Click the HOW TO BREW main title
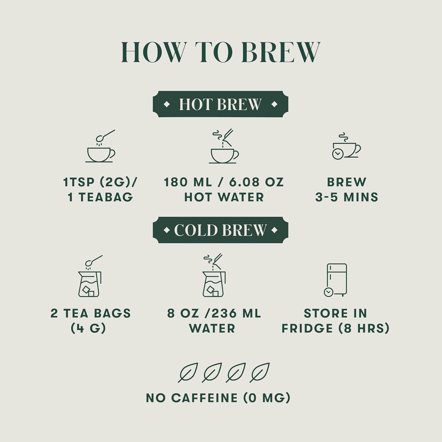(220, 52)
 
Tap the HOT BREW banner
(220, 104)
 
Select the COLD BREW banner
(220, 230)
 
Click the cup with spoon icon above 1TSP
(100, 146)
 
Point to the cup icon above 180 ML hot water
(224, 146)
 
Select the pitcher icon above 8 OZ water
(214, 275)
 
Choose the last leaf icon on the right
(259, 372)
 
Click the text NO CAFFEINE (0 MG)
(218, 398)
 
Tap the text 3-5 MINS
(347, 197)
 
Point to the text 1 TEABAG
(100, 197)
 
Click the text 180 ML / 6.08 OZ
(224, 182)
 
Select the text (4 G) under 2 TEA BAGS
(88, 328)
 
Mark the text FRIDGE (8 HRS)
(336, 328)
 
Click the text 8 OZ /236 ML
(214, 313)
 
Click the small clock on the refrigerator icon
(328, 292)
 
